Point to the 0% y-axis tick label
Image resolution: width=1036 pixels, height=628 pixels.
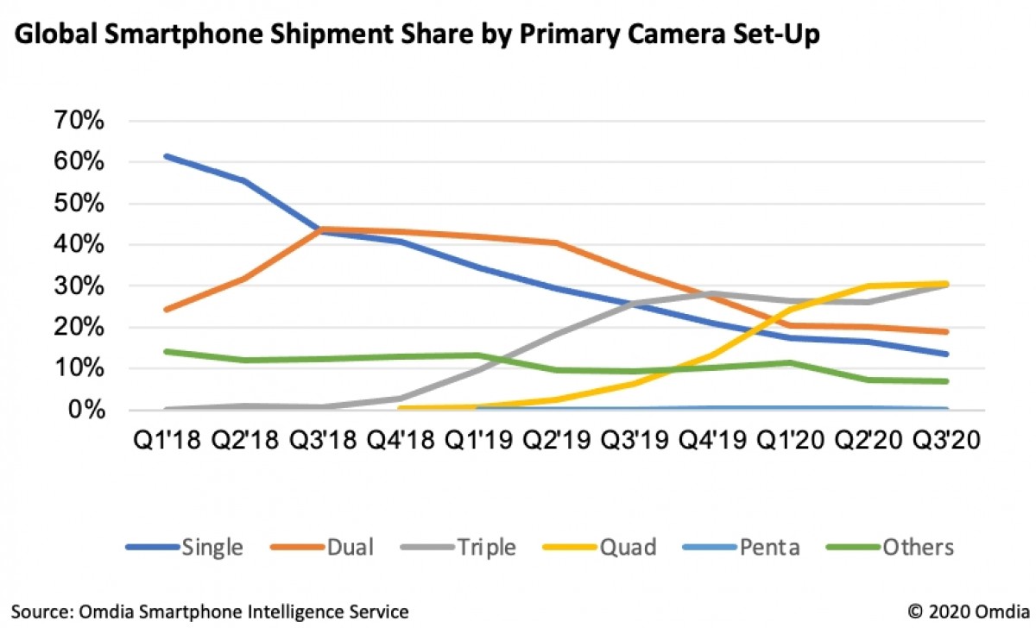click(x=87, y=409)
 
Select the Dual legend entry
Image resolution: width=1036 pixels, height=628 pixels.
click(x=350, y=547)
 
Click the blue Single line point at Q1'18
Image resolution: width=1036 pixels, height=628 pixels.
click(x=165, y=156)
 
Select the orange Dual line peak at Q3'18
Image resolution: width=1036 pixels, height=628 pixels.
click(x=321, y=229)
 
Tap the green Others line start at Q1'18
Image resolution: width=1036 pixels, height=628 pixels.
click(x=165, y=351)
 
